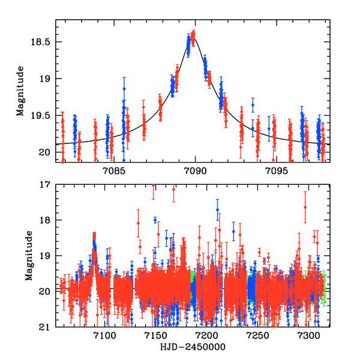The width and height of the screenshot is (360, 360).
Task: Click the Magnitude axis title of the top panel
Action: [x=20, y=91]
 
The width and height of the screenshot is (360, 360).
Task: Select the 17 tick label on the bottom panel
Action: [x=47, y=185]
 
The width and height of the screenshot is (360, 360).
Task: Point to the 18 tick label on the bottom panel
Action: [x=47, y=220]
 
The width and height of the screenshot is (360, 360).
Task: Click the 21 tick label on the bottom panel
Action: [x=47, y=328]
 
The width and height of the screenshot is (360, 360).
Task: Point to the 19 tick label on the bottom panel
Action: [x=47, y=256]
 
